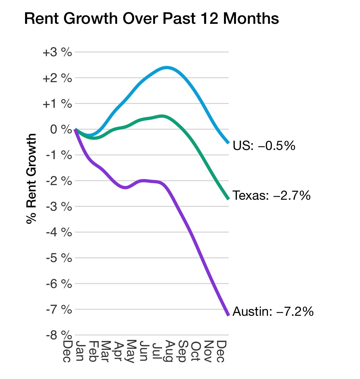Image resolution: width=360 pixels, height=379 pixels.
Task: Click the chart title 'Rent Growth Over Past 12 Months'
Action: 151,19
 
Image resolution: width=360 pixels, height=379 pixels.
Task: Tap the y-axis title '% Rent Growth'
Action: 31,179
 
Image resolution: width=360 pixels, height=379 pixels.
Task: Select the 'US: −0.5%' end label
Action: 264,146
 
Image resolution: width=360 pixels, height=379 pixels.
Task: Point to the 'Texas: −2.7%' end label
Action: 271,195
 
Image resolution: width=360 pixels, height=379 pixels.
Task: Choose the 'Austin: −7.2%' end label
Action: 273,312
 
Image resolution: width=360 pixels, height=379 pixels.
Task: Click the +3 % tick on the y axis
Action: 57,52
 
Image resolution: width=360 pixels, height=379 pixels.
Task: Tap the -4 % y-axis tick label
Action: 59,232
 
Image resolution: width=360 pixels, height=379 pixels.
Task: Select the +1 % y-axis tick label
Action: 57,104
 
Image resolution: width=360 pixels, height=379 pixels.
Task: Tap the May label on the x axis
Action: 130,351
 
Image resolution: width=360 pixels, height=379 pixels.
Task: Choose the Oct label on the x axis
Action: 195,351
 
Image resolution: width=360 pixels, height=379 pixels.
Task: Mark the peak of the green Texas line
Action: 162,116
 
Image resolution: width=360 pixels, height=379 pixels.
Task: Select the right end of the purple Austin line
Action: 228,315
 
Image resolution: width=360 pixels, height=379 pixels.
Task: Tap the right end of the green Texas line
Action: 228,199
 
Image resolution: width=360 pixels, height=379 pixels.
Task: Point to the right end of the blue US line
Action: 228,143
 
